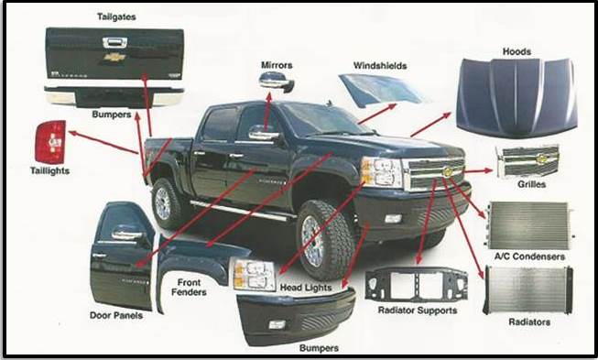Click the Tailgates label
point(116,16)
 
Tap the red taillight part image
point(50,142)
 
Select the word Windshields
point(380,66)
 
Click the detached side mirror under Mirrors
point(277,82)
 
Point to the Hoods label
point(516,51)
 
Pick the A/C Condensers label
point(529,256)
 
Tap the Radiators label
point(529,322)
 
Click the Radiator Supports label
point(418,311)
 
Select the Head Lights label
point(306,288)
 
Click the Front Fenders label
point(189,288)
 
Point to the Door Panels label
point(116,315)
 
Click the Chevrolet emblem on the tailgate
point(114,57)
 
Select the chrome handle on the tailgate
point(114,42)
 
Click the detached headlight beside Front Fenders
point(254,275)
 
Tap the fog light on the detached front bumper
point(277,324)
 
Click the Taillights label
point(50,170)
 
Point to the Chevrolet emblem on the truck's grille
point(448,171)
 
